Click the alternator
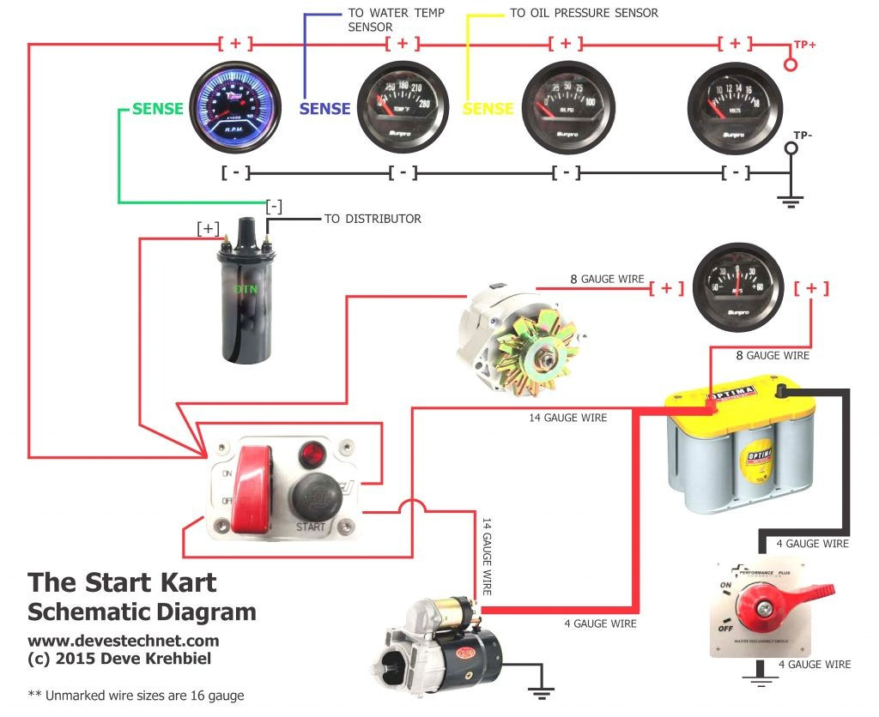[x=518, y=340]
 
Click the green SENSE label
[x=157, y=109]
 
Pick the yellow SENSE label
[x=488, y=109]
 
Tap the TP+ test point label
[x=804, y=44]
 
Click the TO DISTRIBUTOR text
[x=373, y=219]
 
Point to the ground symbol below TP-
[x=790, y=201]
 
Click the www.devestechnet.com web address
[x=123, y=641]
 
